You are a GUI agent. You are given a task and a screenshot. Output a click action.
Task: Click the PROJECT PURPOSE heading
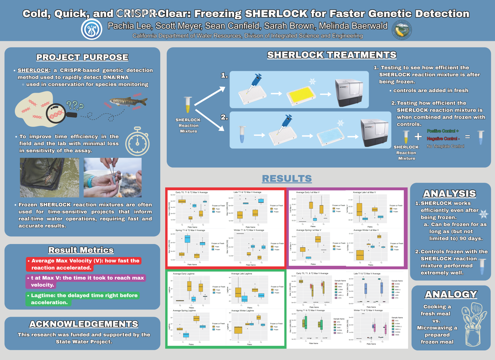(82, 57)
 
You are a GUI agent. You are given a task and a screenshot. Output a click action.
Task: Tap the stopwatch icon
(137, 142)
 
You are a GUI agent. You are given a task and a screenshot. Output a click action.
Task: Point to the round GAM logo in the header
(92, 29)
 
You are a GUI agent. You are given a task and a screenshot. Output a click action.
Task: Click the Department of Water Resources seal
(402, 30)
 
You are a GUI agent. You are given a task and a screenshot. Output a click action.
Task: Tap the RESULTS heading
(287, 178)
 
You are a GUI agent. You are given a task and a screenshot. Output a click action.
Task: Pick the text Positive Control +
(443, 131)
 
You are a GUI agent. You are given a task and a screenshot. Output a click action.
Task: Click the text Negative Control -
(443, 139)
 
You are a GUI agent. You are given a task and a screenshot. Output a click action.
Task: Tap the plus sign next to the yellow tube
(418, 136)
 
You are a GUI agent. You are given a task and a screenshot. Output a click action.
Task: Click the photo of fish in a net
(49, 178)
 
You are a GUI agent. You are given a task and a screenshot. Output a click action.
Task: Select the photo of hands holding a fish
(113, 178)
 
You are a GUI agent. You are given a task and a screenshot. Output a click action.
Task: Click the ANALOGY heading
(451, 294)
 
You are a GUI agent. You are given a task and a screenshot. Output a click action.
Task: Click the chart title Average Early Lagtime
(183, 274)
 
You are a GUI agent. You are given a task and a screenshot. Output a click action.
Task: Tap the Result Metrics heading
(81, 250)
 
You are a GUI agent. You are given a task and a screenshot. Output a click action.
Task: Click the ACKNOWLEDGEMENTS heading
(84, 324)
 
